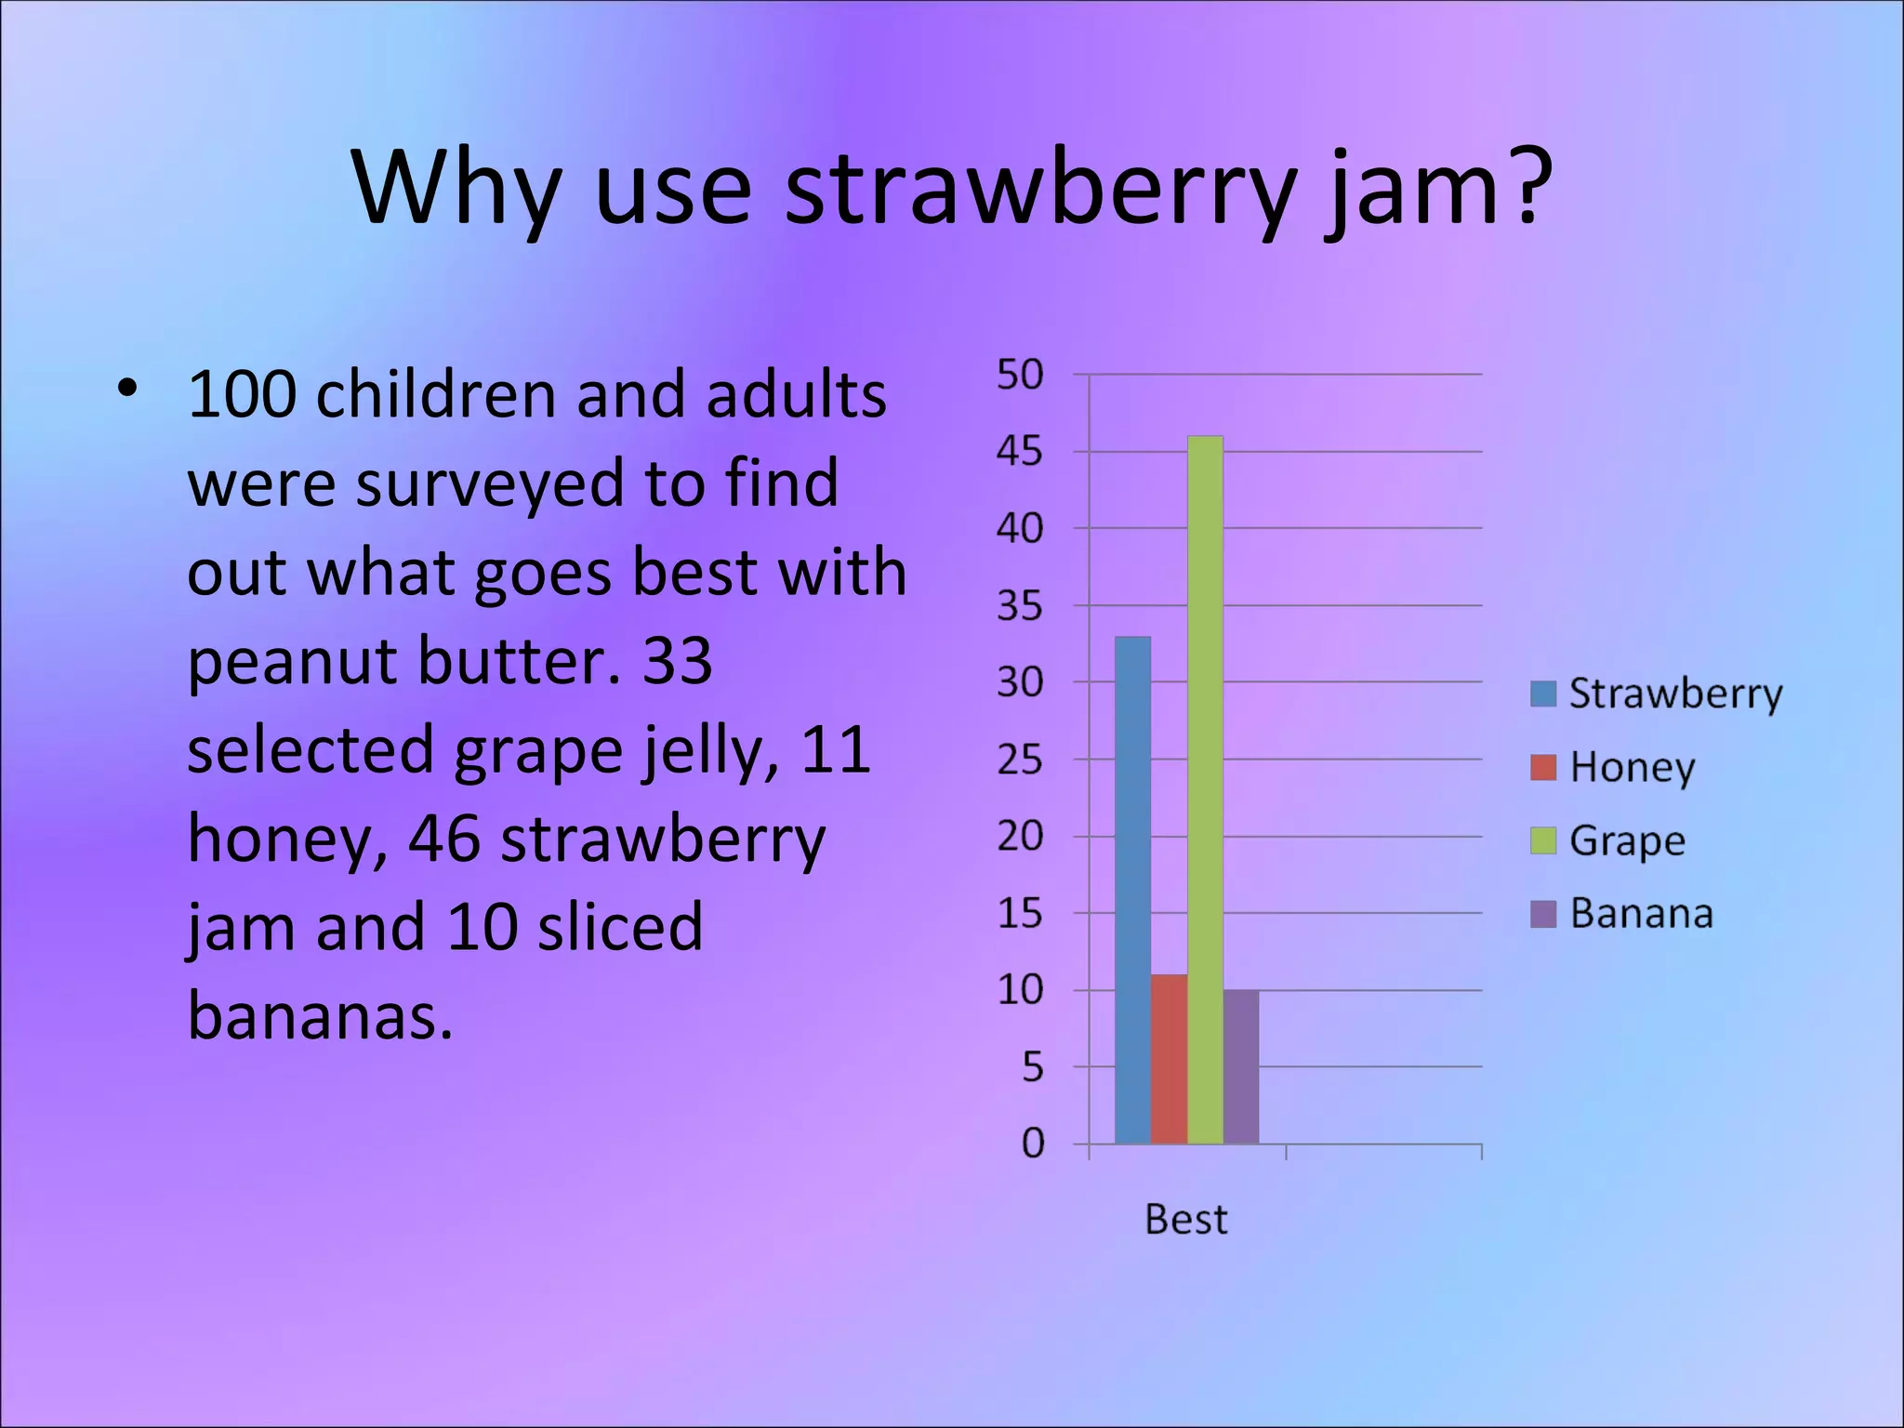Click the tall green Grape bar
(x=1205, y=790)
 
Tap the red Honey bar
(x=1169, y=1059)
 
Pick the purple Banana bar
(x=1241, y=1066)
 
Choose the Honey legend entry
(x=1614, y=767)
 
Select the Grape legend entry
(x=1609, y=840)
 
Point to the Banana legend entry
(x=1622, y=914)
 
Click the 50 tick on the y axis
(x=1020, y=375)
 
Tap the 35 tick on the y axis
(x=1020, y=606)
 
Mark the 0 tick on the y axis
(x=1032, y=1144)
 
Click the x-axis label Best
(x=1185, y=1219)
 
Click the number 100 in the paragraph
(x=242, y=395)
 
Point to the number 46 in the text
(x=443, y=839)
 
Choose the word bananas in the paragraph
(x=319, y=1015)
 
